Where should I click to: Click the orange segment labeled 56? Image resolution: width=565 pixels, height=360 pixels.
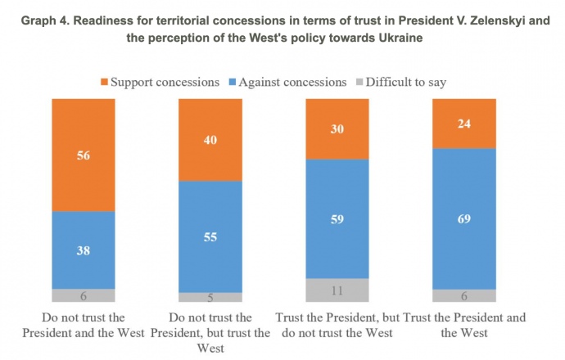(84, 155)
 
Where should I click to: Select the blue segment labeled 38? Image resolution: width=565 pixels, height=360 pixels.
(84, 250)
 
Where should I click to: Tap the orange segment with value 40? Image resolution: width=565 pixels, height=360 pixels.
(210, 139)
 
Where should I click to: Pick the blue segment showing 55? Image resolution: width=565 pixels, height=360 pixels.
(210, 236)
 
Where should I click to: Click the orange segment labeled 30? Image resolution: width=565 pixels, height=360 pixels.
(337, 128)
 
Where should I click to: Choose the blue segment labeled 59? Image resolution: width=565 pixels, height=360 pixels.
(337, 218)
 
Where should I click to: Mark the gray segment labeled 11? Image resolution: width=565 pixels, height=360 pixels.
(337, 290)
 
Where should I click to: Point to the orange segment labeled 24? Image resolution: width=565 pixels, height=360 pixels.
(463, 124)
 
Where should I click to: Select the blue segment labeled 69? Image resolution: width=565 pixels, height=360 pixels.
(463, 218)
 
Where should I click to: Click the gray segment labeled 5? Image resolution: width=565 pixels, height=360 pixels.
(210, 298)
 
